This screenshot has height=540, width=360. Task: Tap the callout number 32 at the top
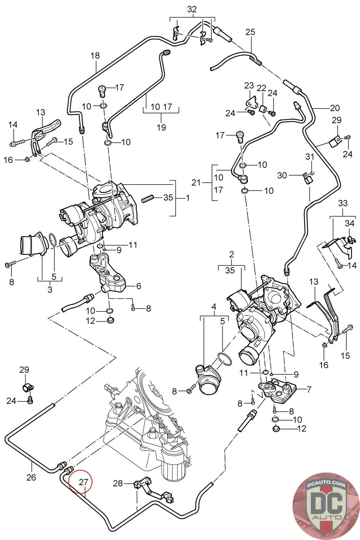tap(192, 9)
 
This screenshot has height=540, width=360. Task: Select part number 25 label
tap(250, 32)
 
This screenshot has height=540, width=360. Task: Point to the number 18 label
tap(95, 56)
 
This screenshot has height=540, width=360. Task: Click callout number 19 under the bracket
tap(161, 127)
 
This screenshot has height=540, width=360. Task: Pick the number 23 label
tap(249, 85)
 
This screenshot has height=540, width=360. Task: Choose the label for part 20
tap(335, 108)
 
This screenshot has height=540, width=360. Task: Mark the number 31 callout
tap(310, 157)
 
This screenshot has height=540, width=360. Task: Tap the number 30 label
tap(282, 175)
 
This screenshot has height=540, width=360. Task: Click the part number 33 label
tap(342, 204)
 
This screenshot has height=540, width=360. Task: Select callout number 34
tap(349, 223)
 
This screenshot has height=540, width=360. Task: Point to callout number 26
tap(31, 478)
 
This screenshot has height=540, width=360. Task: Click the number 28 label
tap(118, 484)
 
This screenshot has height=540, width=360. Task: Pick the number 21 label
tap(196, 183)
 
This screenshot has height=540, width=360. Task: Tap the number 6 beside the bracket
tap(138, 286)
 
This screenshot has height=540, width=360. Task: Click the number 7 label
tap(309, 389)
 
